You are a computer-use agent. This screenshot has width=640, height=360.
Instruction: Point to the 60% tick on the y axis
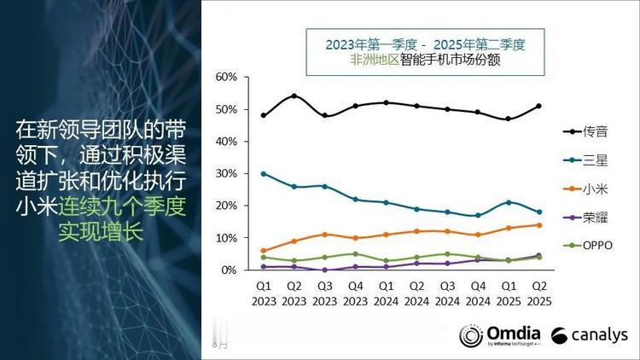[x=225, y=78]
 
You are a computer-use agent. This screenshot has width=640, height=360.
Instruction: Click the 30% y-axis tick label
[x=225, y=174]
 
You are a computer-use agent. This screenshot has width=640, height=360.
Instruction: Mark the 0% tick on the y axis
[x=228, y=270]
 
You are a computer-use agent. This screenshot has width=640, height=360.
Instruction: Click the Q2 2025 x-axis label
[x=539, y=293]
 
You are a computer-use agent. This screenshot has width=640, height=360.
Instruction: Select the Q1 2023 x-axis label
[x=264, y=293]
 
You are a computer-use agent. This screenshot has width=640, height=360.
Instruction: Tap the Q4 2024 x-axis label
[x=478, y=293]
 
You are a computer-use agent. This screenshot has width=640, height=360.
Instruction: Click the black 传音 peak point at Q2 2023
[x=294, y=96]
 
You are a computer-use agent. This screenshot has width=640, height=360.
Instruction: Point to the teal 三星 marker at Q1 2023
[x=264, y=173]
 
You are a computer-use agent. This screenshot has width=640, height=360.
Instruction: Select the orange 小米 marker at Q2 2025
[x=539, y=225]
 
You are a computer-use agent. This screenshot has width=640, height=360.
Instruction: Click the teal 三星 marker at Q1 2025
[x=509, y=202]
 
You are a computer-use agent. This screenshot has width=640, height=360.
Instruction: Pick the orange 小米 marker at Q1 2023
[x=264, y=251]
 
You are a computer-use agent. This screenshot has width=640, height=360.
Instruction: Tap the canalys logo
[x=589, y=335]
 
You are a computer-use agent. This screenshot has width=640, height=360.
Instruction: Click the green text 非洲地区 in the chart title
[x=374, y=61]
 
